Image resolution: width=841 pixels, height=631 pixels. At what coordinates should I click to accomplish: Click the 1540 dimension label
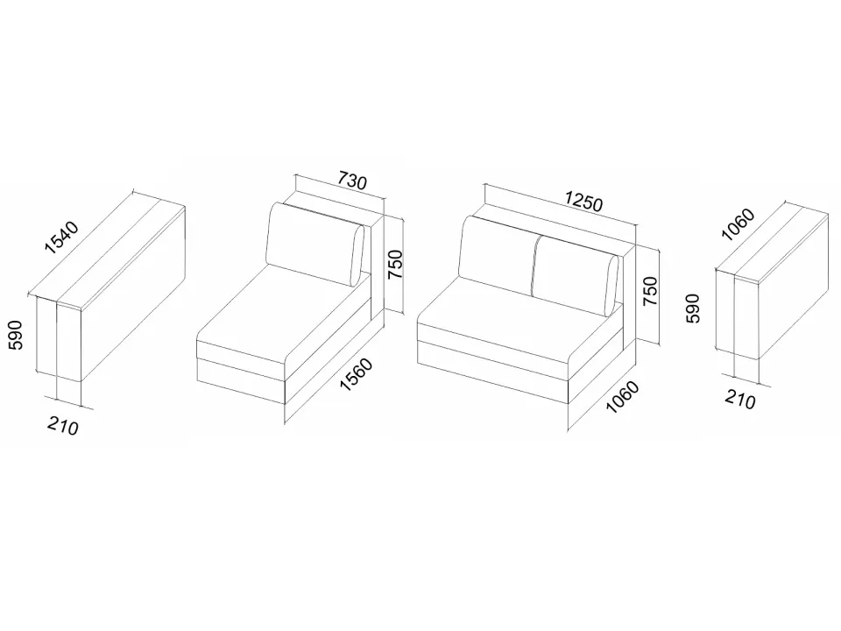point(62,237)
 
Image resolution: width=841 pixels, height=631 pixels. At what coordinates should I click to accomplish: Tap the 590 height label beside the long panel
point(16,335)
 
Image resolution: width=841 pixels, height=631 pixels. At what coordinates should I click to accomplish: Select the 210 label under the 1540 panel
point(63,426)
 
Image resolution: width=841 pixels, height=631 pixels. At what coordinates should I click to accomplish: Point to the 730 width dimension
point(352,181)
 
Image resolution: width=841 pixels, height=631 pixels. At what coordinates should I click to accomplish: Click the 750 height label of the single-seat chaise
point(395,264)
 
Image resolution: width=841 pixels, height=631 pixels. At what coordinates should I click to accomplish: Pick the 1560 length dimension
point(357,374)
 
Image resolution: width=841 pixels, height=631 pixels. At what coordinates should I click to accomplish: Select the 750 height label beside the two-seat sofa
point(650,291)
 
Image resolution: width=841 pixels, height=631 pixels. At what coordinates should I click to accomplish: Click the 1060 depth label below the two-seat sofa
point(622,397)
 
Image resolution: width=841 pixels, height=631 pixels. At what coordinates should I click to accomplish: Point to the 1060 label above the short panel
point(738,223)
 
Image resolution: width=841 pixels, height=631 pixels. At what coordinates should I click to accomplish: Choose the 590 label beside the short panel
point(693,308)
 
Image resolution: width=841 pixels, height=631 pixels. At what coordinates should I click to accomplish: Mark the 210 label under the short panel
point(740,400)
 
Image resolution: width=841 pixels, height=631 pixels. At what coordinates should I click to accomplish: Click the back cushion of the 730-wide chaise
point(315,245)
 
